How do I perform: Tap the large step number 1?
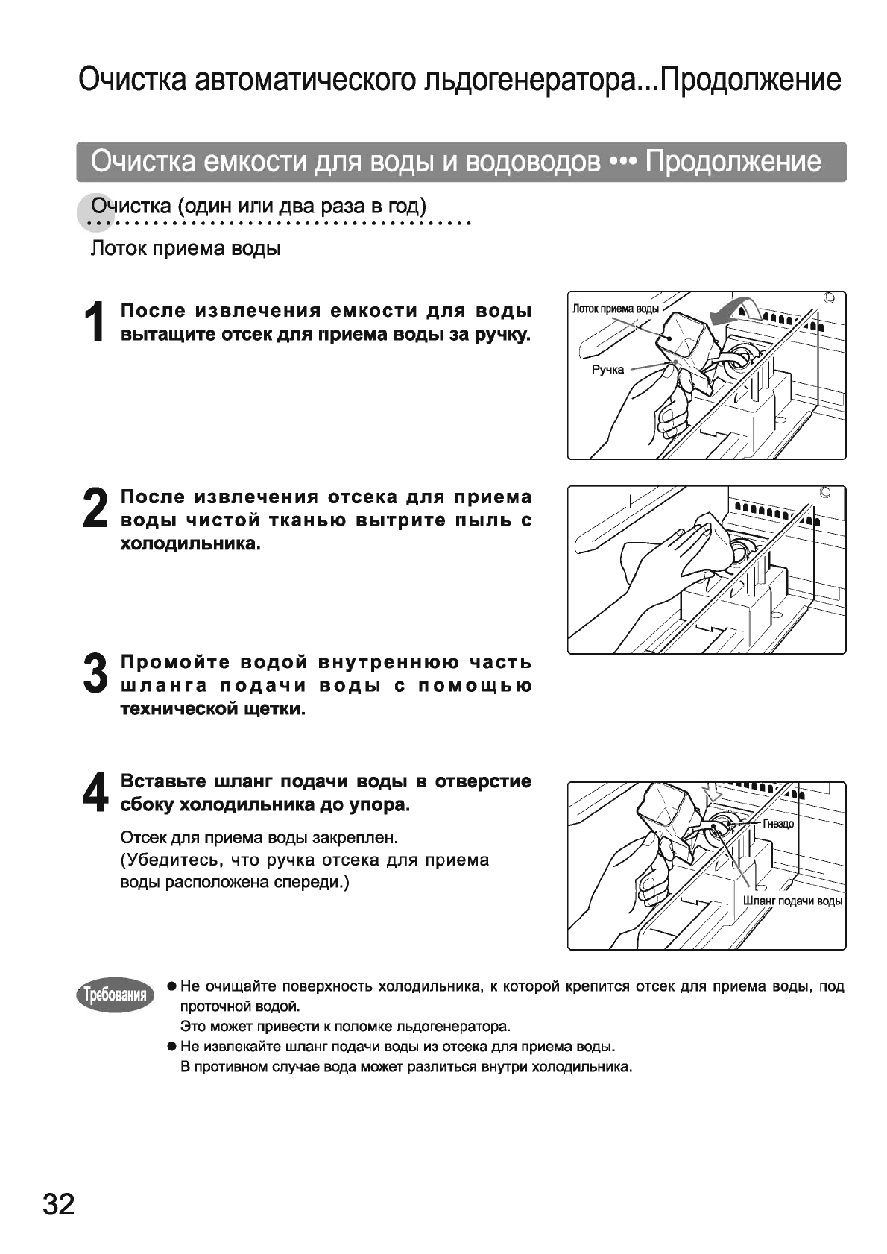(95, 322)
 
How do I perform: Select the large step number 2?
(95, 508)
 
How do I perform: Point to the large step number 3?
(95, 674)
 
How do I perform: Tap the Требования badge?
(115, 995)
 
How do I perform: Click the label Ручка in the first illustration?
(607, 370)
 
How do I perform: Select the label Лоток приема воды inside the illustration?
(615, 308)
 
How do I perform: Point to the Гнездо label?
(777, 824)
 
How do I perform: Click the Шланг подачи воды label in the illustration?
(792, 901)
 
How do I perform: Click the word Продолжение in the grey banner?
(733, 161)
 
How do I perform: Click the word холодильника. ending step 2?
(191, 543)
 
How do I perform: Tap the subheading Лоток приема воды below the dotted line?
(186, 248)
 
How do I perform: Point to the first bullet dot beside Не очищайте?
(171, 986)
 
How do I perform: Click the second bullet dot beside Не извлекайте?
(171, 1046)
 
